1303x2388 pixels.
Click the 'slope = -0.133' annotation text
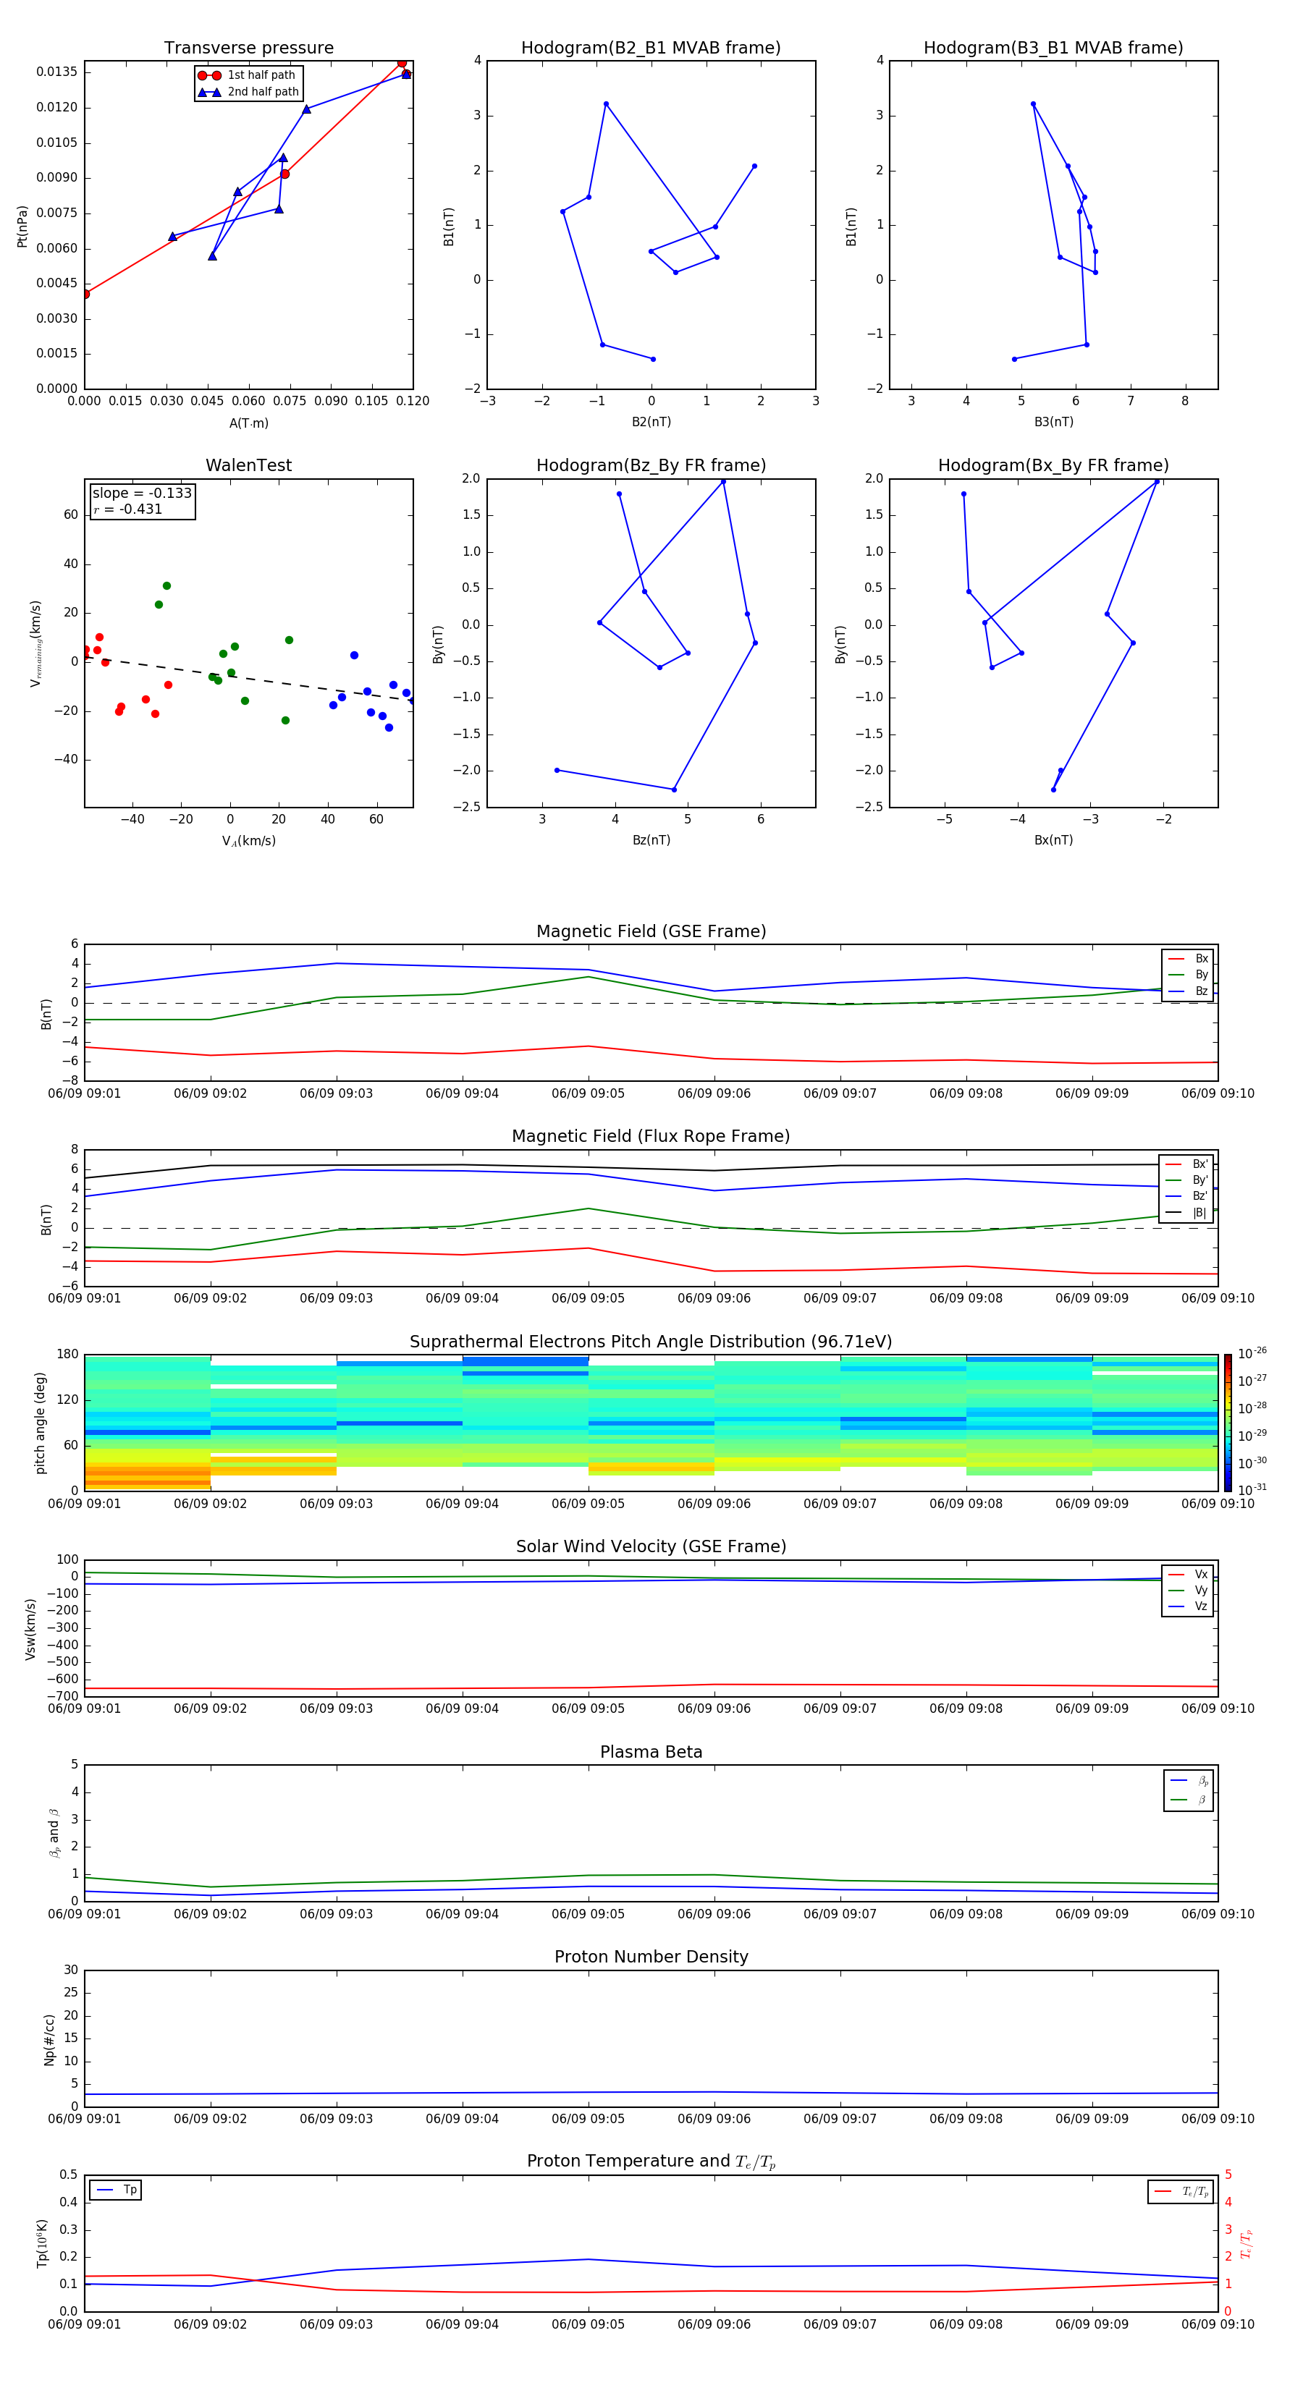(142, 494)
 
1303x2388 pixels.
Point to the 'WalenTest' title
(248, 465)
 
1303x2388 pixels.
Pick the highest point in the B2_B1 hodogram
(606, 103)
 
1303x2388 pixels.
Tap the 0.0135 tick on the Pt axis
(56, 72)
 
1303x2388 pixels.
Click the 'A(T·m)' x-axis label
(248, 423)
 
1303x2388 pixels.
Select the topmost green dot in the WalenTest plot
(167, 586)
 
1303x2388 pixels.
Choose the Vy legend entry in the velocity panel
(1200, 1590)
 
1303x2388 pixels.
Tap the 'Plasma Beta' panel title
(650, 1752)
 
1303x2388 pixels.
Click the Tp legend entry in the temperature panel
(129, 2190)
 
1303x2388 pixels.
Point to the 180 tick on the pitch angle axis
(67, 1355)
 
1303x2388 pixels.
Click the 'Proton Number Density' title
(650, 1957)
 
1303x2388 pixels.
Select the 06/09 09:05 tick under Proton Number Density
(588, 2118)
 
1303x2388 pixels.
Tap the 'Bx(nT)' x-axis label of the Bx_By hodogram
(1053, 840)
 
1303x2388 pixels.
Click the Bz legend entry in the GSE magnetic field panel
(1201, 991)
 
